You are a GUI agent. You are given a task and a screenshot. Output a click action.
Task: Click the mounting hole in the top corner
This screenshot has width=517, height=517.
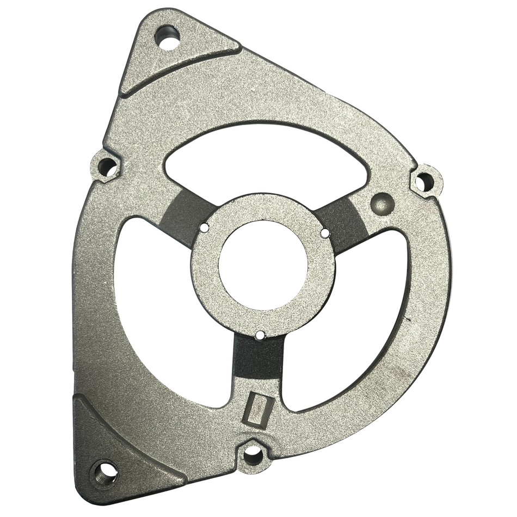click(x=168, y=38)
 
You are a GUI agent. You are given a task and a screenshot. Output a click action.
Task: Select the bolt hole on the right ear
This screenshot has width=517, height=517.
click(x=424, y=181)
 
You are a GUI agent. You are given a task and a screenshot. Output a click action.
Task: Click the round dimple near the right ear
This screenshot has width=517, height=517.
click(x=381, y=203)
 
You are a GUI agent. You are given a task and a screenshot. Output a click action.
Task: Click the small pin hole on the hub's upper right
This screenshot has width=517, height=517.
click(x=325, y=233)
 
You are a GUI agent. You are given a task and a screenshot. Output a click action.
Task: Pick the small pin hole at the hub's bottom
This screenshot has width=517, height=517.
click(x=261, y=336)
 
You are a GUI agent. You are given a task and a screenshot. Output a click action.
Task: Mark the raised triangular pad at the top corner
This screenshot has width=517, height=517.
click(x=174, y=60)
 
